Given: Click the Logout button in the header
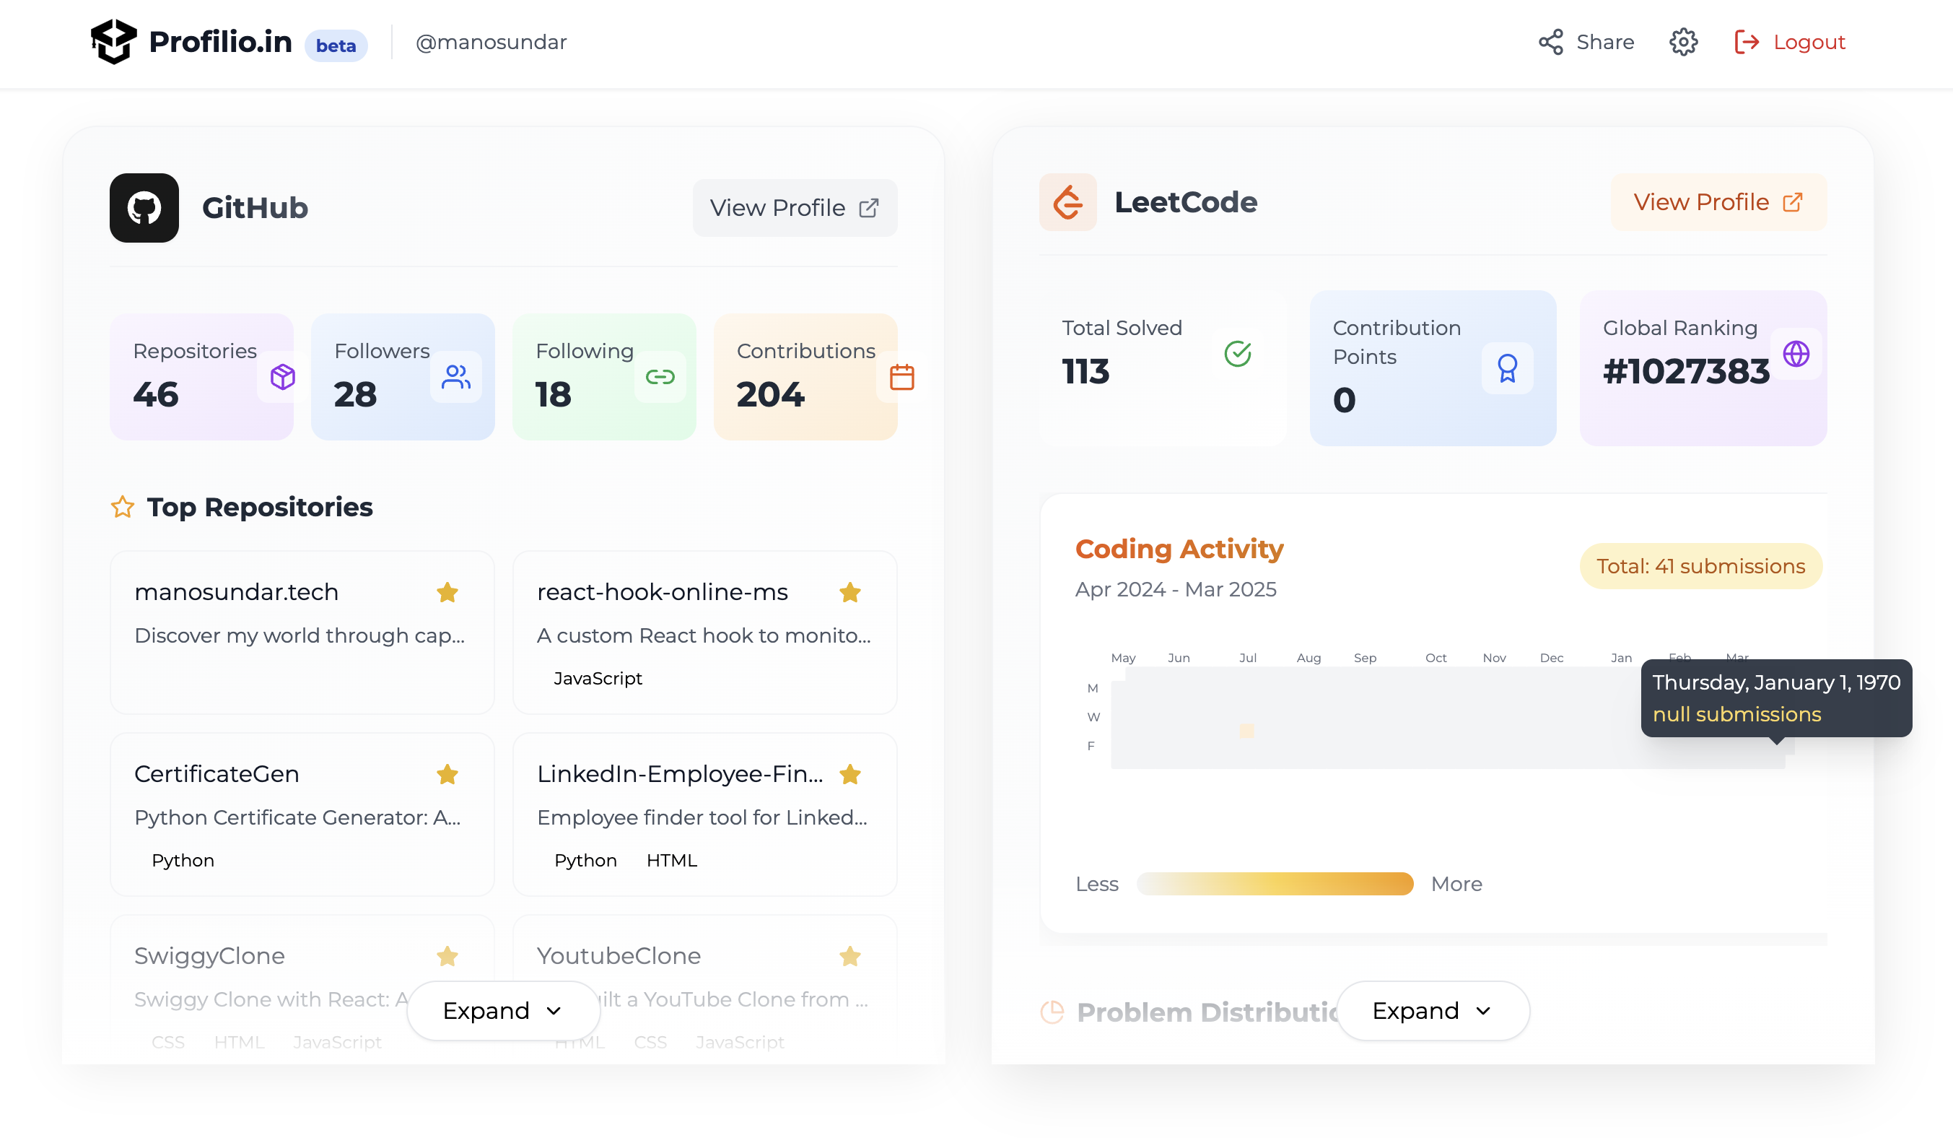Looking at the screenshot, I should click(x=1789, y=42).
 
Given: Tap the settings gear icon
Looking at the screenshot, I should click(x=1683, y=42).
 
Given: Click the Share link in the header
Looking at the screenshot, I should click(x=1586, y=42).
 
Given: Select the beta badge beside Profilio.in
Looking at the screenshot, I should click(x=336, y=45).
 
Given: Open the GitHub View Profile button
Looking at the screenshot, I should click(x=795, y=208).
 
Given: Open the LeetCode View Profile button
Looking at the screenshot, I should click(x=1718, y=202).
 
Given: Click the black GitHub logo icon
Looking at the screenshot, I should click(x=144, y=208).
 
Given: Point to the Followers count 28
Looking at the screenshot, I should click(x=356, y=394).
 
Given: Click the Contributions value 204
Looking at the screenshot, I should click(x=770, y=394).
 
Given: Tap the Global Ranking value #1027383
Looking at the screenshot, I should click(x=1687, y=371).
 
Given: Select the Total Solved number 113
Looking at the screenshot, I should click(x=1085, y=371).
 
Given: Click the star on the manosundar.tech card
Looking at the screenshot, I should click(x=447, y=593).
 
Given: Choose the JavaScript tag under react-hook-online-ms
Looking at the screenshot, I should click(x=598, y=679).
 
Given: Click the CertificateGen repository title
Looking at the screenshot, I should click(x=217, y=773).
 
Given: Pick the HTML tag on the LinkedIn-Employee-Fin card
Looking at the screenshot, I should click(x=671, y=861).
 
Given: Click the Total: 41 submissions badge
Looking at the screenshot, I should click(x=1700, y=566).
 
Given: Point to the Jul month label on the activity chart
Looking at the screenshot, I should click(x=1248, y=658).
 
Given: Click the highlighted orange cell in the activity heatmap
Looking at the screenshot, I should click(x=1247, y=730).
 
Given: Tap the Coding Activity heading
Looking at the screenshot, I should click(x=1179, y=549).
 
